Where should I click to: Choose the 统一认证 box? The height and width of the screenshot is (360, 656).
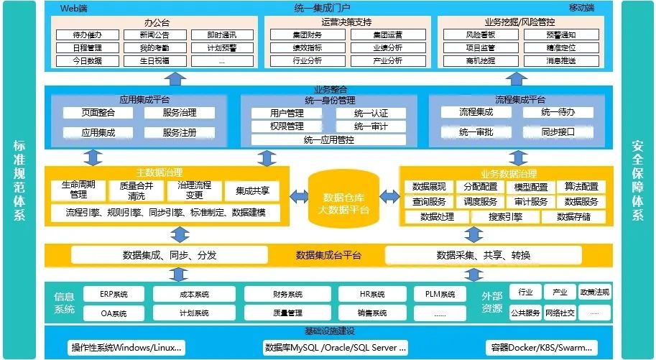(370, 114)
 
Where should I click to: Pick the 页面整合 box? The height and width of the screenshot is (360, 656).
(98, 113)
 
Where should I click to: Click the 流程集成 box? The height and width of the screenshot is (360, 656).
(476, 112)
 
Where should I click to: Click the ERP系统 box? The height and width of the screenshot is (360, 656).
(114, 294)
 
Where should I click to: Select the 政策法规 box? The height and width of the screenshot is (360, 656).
(594, 292)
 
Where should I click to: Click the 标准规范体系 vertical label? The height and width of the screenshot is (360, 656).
(19, 180)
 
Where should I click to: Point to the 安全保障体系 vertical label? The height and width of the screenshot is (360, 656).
(637, 180)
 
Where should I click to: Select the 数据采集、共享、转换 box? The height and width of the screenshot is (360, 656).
(483, 255)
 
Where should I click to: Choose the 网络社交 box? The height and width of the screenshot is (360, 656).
(560, 313)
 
